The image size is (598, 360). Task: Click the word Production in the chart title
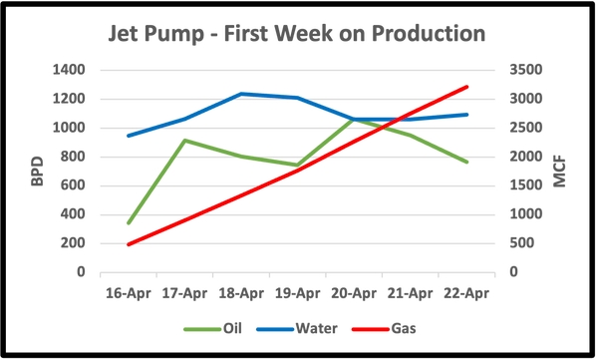tap(429, 34)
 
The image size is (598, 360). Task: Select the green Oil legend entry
tap(211, 326)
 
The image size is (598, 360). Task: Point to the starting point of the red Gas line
tap(129, 242)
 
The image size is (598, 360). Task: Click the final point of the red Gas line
tap(467, 86)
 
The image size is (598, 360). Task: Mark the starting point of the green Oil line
tap(129, 223)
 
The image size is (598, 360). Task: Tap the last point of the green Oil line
tap(467, 163)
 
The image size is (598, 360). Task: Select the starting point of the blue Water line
tap(129, 136)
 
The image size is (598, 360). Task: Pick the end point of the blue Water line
tap(467, 113)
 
